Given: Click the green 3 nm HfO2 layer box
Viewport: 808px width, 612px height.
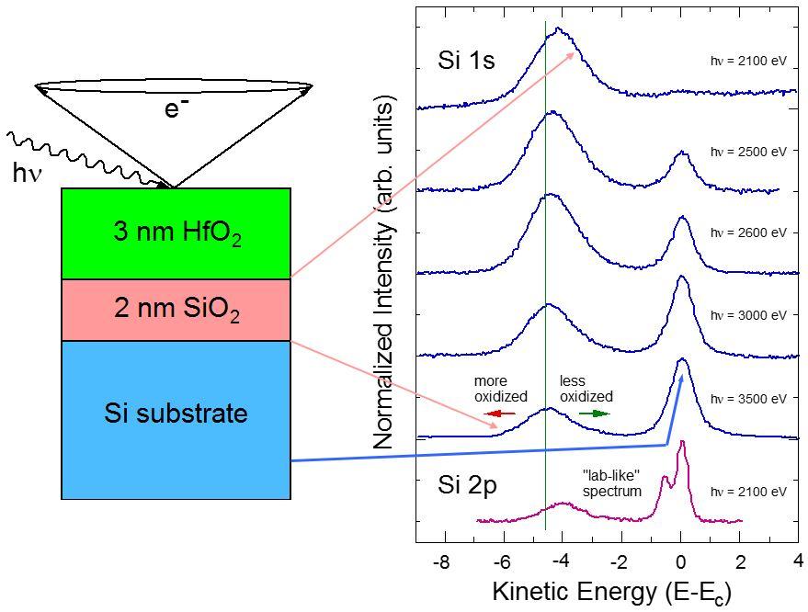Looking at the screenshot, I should tap(176, 233).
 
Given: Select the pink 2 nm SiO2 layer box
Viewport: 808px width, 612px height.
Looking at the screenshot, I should tap(176, 310).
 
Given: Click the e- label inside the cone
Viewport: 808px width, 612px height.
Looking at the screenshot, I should tap(176, 109).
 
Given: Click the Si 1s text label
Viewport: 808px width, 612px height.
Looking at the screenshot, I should tap(466, 62).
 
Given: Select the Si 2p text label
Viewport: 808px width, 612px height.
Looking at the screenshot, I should tap(467, 485).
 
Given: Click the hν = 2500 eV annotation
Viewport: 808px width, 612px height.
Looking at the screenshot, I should tap(748, 151).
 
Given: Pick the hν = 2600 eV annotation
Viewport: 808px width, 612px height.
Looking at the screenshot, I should tap(748, 232).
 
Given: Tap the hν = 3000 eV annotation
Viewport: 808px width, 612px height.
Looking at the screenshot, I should tap(748, 315).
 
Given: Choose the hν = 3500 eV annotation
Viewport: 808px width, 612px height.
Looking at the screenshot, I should tap(748, 399).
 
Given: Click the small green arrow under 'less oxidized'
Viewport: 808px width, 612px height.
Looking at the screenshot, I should tap(594, 414).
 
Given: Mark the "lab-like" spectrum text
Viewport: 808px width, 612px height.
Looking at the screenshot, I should tap(611, 483).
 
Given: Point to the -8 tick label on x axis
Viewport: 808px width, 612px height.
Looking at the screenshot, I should tap(440, 562).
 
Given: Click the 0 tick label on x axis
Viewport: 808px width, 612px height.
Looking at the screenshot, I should tap(680, 562).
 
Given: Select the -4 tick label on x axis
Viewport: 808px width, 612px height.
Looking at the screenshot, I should tap(560, 562).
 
